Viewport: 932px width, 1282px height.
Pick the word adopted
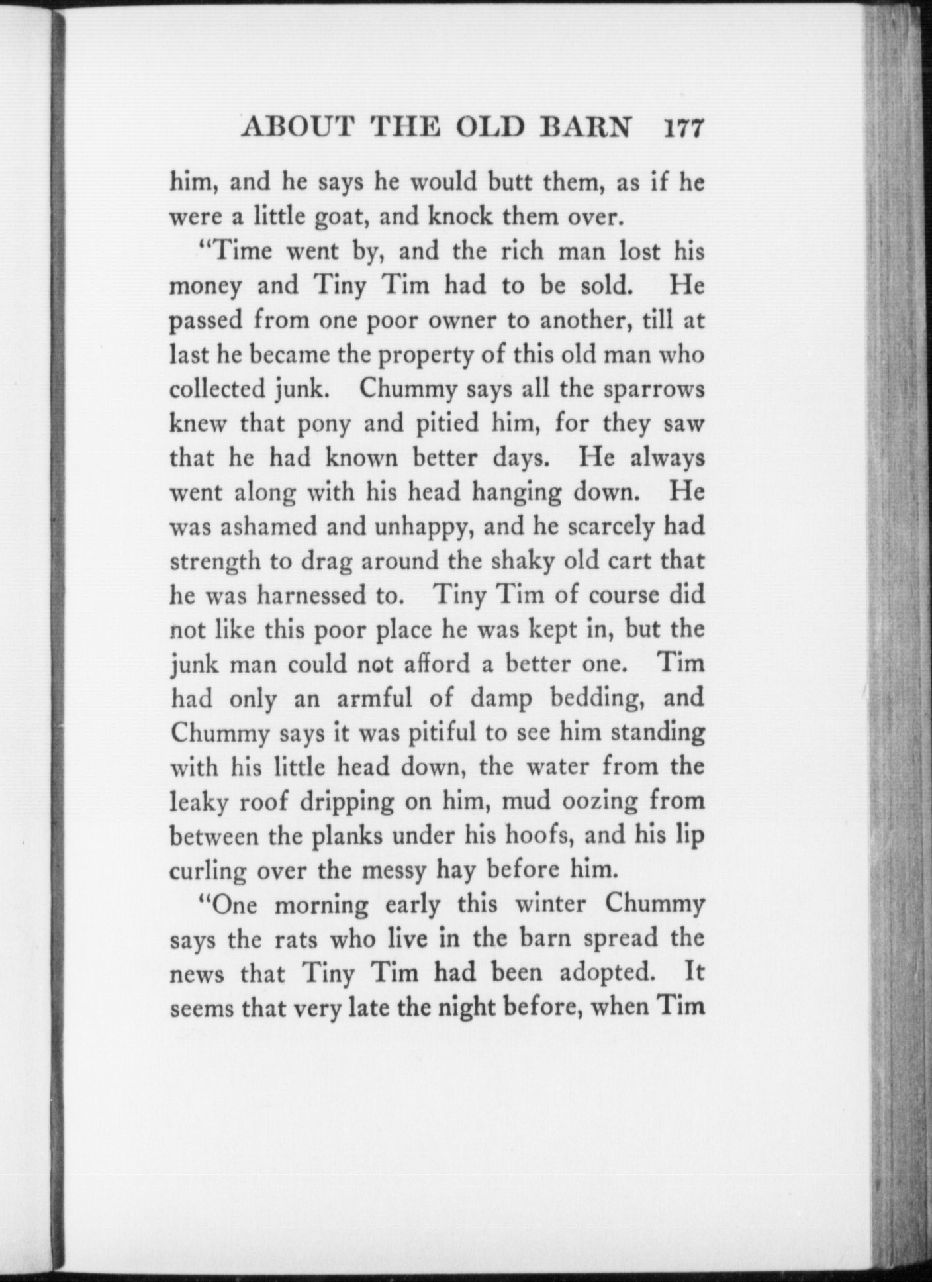[x=608, y=973]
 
